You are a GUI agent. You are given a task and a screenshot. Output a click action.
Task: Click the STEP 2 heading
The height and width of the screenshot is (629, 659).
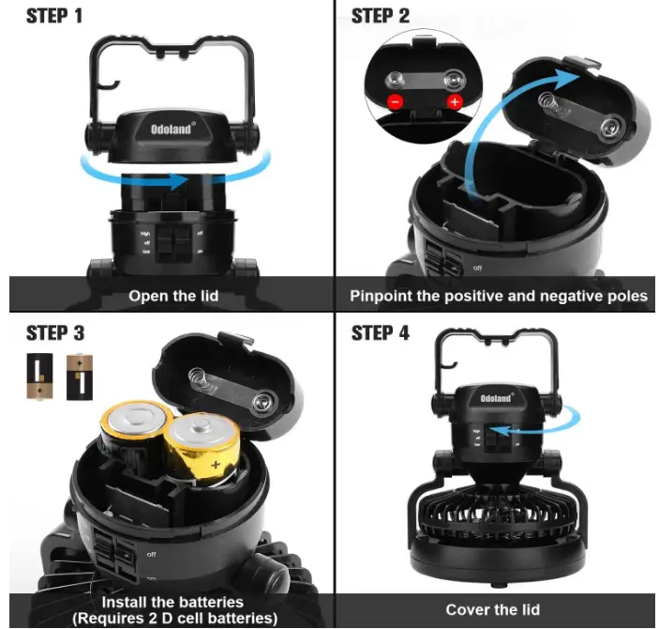[x=380, y=16]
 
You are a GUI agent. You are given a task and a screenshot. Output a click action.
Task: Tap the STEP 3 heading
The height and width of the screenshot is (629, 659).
[x=55, y=333]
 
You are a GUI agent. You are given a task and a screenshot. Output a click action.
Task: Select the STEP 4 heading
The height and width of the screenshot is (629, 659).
[x=380, y=333]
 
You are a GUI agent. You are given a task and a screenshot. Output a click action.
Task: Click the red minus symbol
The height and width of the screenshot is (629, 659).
[x=396, y=100]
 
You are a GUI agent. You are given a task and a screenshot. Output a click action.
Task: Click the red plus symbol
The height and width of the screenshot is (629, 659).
[x=457, y=100]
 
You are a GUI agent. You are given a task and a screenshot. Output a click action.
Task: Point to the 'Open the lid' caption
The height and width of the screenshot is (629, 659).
[x=173, y=296]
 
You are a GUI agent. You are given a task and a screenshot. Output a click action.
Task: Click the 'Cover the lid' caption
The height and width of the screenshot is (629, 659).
[x=492, y=609]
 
